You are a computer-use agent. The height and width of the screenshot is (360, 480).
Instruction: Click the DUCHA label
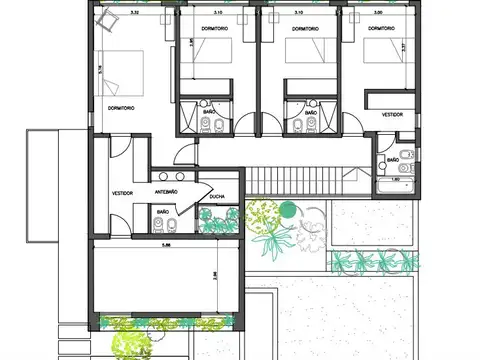216,197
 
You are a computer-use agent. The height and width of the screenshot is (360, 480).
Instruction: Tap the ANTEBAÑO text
166,191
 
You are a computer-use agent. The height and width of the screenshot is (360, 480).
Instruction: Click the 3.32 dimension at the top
135,14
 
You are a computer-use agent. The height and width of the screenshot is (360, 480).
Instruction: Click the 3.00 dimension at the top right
377,14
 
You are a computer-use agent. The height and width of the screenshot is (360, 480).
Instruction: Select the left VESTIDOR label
123,192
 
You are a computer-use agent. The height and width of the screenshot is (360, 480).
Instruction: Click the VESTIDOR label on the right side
392,115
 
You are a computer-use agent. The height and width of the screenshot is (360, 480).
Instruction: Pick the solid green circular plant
288,209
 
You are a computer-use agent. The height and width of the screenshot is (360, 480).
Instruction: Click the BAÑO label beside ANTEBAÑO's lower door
162,212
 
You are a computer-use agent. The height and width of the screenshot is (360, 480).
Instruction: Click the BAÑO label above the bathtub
393,158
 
